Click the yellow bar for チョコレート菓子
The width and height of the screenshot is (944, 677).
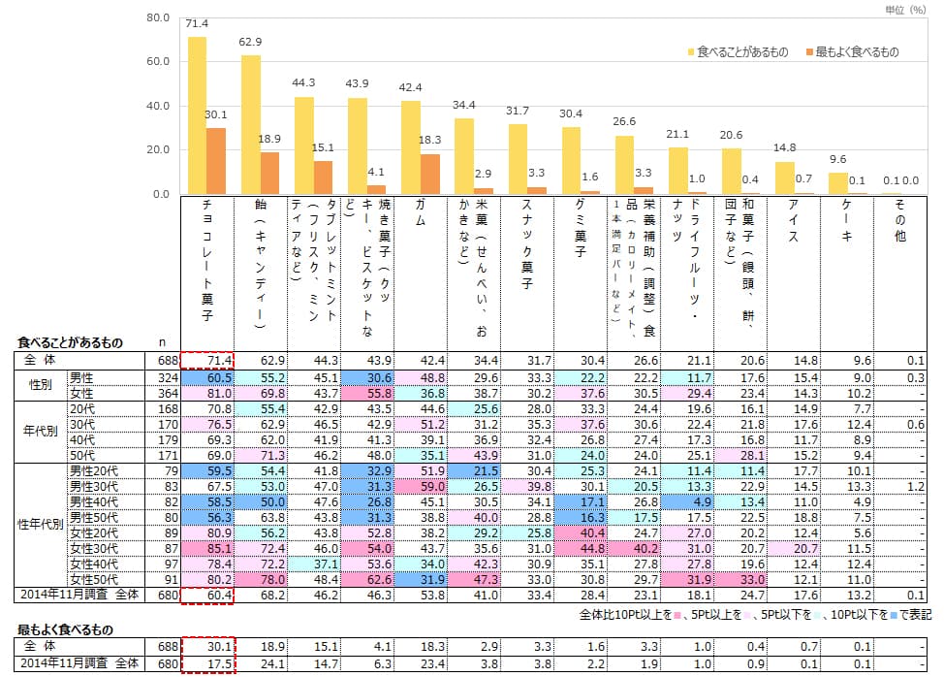pyautogui.click(x=197, y=115)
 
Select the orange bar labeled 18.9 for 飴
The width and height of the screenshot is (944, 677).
pyautogui.click(x=269, y=174)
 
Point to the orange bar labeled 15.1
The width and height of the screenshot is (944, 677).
pyautogui.click(x=323, y=177)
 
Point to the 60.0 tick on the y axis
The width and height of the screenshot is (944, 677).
pyautogui.click(x=157, y=62)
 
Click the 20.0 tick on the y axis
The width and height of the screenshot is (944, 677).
pyautogui.click(x=157, y=150)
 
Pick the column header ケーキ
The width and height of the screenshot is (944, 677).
pyautogui.click(x=845, y=223)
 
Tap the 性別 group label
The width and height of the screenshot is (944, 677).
pyautogui.click(x=35, y=384)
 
